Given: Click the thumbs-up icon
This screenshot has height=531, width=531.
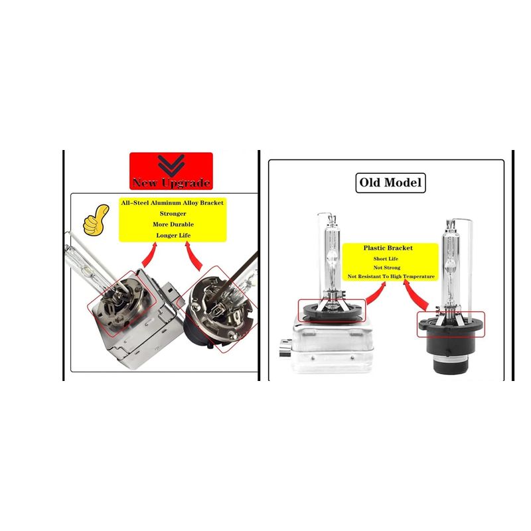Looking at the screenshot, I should tap(96, 221).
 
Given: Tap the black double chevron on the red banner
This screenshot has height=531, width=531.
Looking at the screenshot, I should tap(171, 163).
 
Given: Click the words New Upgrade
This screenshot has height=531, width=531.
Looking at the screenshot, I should tap(171, 183).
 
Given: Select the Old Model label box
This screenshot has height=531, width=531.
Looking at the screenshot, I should tap(391, 182).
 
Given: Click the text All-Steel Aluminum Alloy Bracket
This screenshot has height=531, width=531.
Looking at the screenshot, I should tap(173, 202).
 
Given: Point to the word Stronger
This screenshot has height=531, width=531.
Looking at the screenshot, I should tap(173, 214).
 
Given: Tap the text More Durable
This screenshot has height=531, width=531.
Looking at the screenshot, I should tap(173, 224).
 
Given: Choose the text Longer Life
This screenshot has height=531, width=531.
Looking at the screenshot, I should tap(173, 236).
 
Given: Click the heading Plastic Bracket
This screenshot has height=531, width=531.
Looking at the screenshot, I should tap(388, 248).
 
